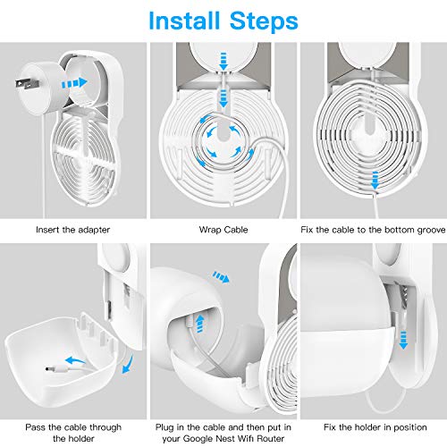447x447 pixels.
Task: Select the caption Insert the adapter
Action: click(x=73, y=230)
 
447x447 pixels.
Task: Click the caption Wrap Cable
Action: click(x=222, y=230)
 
